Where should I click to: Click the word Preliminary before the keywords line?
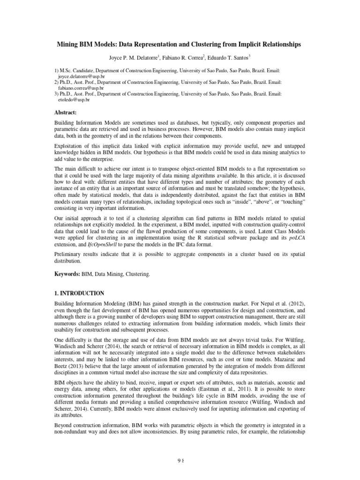(70, 255)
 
